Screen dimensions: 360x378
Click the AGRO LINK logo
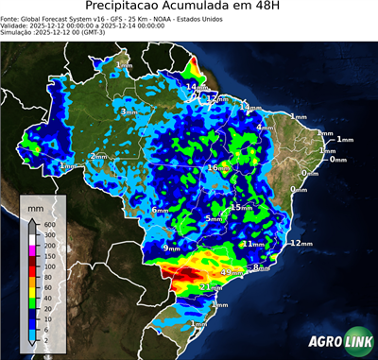coord(335,341)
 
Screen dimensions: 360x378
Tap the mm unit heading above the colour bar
coord(35,205)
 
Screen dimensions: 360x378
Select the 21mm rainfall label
coord(209,286)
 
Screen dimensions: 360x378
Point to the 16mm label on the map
coord(216,167)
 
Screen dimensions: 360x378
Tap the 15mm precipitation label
coord(240,207)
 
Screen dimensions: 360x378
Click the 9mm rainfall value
coord(171,248)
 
